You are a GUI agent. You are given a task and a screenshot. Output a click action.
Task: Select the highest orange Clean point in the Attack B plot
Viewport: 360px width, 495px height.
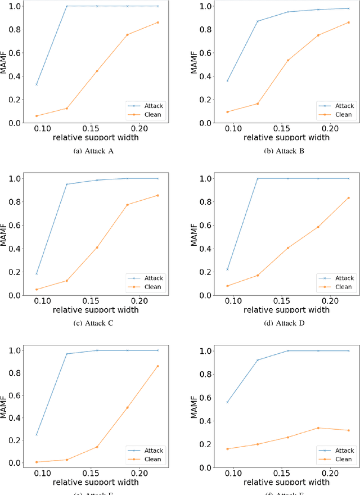[x=349, y=22]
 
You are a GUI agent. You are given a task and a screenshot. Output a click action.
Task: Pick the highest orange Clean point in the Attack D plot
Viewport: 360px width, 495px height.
[x=349, y=197]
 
